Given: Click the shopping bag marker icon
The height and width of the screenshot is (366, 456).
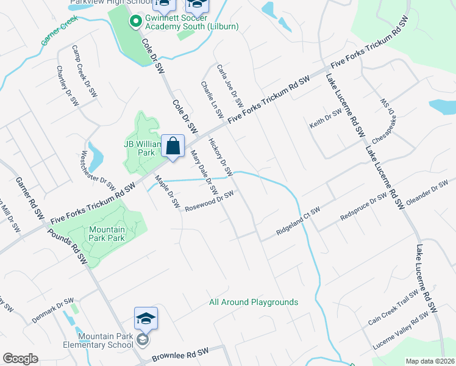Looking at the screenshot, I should point(173,146).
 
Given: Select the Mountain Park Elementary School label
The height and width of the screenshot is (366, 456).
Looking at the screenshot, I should point(99,340).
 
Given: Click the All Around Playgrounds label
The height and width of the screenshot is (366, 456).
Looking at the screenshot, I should point(254,302).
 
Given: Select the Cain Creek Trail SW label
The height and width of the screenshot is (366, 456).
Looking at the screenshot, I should point(393,307).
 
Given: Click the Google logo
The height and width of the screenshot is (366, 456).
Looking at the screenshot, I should point(21,359).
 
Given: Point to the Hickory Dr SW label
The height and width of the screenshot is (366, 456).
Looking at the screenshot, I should point(221,157).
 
